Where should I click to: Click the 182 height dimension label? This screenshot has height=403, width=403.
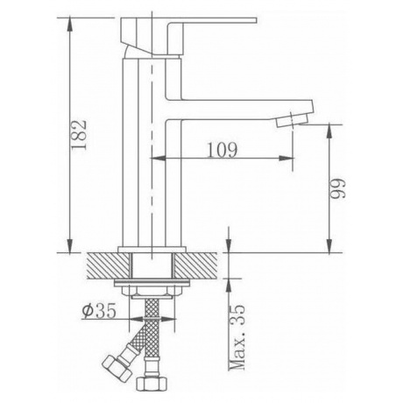80,135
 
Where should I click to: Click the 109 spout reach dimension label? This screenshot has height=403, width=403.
223,150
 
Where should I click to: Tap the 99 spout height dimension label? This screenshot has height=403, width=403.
338,188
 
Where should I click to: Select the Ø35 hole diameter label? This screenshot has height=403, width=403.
99,310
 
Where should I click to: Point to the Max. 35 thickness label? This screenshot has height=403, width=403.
237,337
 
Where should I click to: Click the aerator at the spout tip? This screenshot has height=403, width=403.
293,120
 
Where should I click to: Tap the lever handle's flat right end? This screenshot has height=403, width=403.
255,20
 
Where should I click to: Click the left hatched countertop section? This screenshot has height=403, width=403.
108,265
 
